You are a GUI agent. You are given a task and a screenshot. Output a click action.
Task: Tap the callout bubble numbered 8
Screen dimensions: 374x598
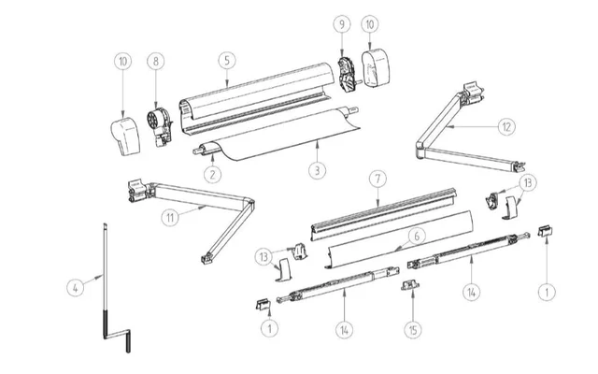[x=157, y=61]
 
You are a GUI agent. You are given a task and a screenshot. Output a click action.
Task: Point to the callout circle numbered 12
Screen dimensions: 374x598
[x=505, y=124]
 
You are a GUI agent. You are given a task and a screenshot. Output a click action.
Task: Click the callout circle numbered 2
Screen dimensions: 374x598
[x=213, y=173]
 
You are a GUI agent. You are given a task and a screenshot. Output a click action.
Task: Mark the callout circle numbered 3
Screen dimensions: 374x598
[x=319, y=171]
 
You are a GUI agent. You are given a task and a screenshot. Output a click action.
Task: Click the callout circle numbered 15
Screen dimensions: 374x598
[x=412, y=329]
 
